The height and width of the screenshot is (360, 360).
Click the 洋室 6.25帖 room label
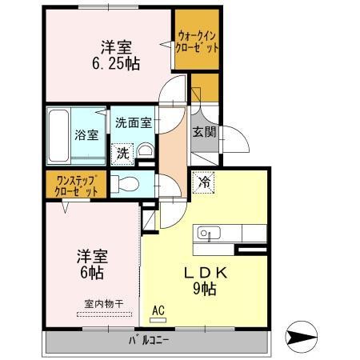point(116,54)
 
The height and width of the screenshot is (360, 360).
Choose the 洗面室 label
point(132,124)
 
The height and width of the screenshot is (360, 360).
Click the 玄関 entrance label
point(202,133)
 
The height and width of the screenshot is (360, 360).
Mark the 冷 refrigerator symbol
point(204,182)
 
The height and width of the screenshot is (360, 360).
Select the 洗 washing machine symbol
point(122,152)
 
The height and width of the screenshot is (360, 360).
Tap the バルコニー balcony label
point(150,342)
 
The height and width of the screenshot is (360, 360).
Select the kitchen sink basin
point(206,234)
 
